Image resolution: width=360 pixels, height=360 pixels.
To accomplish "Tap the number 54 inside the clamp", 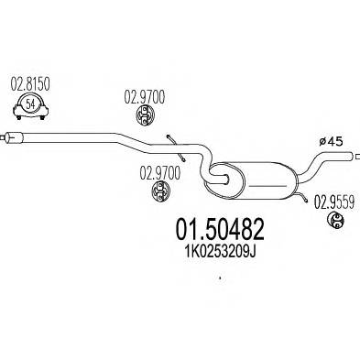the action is click(x=34, y=105).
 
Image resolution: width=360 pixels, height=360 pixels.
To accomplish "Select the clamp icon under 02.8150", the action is click(x=34, y=108).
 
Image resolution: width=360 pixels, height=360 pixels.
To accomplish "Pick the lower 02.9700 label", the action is click(x=158, y=170).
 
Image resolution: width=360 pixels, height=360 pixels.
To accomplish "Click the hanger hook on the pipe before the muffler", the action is click(x=171, y=138).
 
